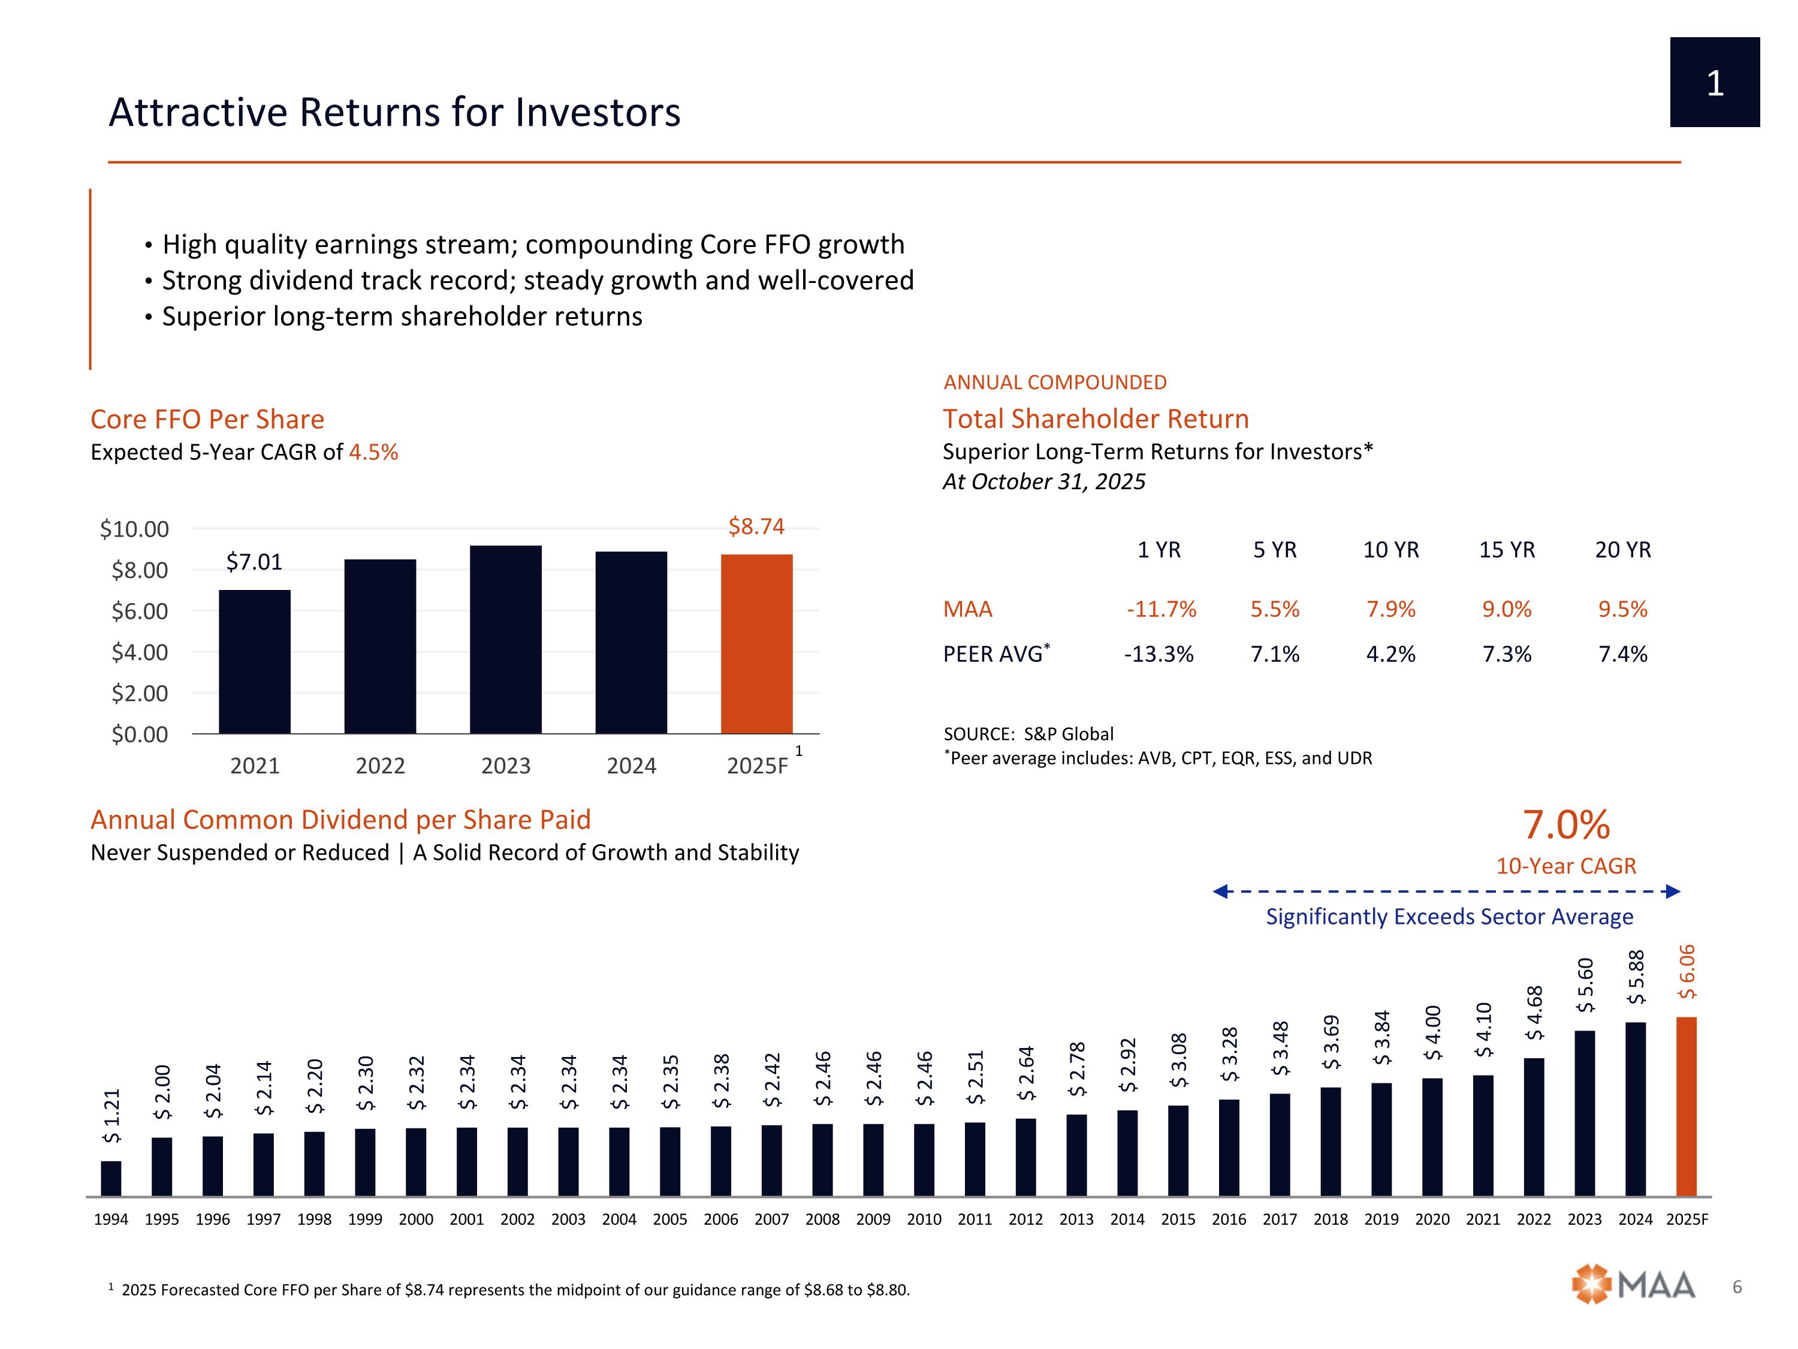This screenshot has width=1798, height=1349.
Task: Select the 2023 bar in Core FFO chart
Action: (x=506, y=639)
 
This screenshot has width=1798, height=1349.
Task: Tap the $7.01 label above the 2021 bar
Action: (x=255, y=562)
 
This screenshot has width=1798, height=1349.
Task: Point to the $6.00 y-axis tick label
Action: (x=140, y=611)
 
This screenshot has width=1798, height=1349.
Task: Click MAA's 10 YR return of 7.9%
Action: (x=1391, y=609)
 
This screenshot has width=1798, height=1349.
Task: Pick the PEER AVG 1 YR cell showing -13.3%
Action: (x=1159, y=654)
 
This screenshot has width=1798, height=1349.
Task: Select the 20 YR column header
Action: (x=1622, y=550)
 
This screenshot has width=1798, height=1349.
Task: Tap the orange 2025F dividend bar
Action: (x=1687, y=1106)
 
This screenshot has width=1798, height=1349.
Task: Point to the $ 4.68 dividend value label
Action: (x=1534, y=1013)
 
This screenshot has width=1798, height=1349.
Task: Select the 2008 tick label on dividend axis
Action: (x=823, y=1219)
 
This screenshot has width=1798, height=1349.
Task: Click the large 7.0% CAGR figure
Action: (x=1565, y=824)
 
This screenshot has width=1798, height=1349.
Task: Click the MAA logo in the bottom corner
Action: (x=1634, y=1285)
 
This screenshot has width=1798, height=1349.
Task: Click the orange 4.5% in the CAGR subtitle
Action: (x=374, y=452)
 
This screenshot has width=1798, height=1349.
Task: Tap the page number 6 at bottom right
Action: (x=1737, y=1287)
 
